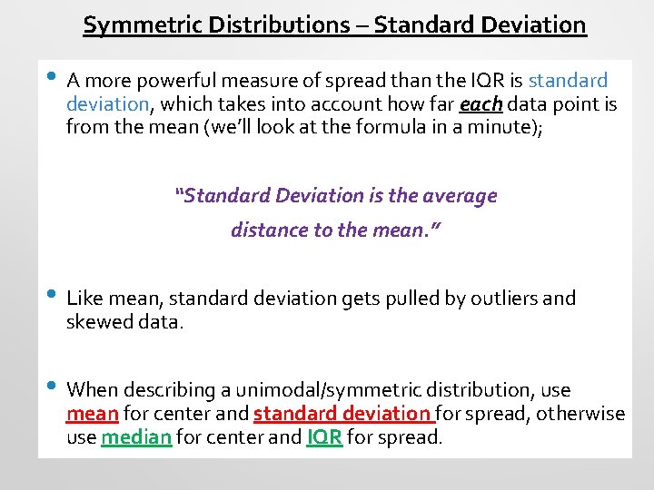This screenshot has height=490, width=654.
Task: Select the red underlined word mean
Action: [x=93, y=415]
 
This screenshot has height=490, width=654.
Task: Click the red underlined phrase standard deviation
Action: [x=343, y=415]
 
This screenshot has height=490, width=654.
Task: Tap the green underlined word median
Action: [x=136, y=438]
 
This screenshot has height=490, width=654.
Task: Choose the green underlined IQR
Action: [x=324, y=438]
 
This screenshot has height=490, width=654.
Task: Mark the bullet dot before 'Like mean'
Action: [x=52, y=295]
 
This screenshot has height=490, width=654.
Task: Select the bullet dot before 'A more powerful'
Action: [x=52, y=78]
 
